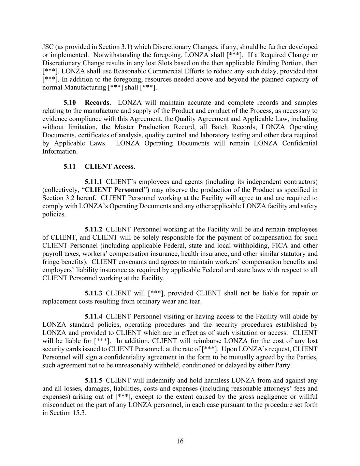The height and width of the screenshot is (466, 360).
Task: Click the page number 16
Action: click(x=180, y=441)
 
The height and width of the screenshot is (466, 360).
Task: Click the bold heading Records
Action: click(x=97, y=102)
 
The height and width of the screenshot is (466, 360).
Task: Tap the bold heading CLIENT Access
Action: click(x=109, y=166)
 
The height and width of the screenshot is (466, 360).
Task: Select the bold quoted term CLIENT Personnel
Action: click(x=114, y=190)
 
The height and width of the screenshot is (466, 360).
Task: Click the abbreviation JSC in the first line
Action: click(x=48, y=47)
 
